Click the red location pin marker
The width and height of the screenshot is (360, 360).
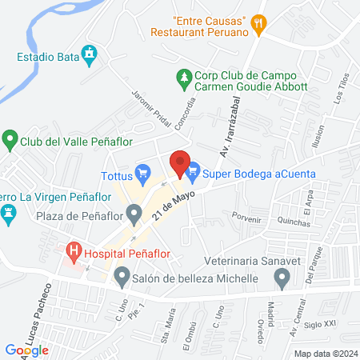tap(181, 163)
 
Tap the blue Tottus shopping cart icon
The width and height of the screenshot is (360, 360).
tap(143, 172)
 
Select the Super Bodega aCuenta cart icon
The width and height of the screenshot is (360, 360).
tap(193, 172)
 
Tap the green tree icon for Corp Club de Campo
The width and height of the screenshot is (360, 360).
tap(184, 77)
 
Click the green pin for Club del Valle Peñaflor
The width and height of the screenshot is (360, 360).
tap(10, 141)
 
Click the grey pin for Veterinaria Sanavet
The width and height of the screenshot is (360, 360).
tap(282, 278)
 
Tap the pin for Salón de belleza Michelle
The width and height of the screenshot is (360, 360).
tap(122, 278)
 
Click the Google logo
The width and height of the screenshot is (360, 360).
tap(27, 350)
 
